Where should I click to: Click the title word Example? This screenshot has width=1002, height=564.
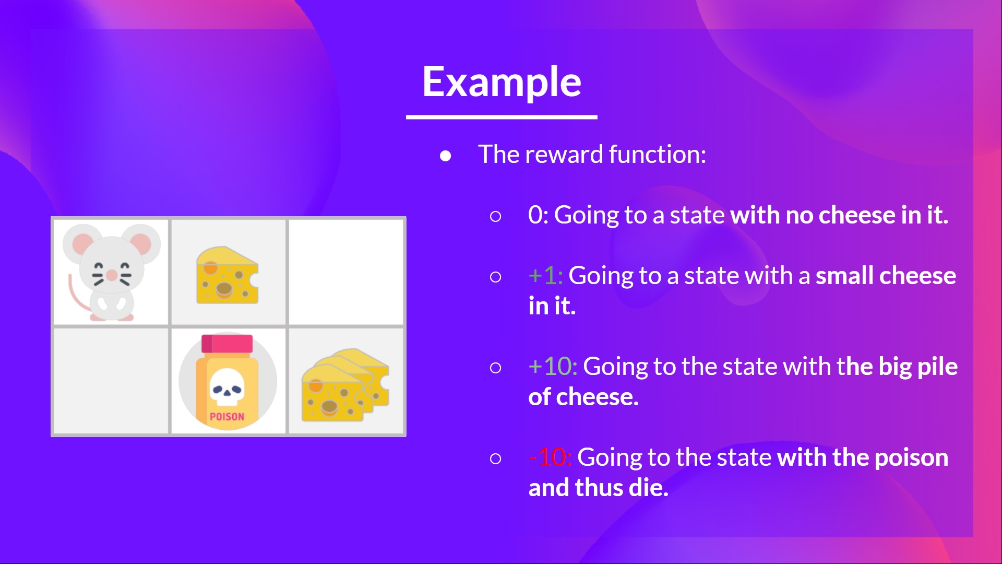pyautogui.click(x=502, y=82)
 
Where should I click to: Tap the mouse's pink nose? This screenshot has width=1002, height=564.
pyautogui.click(x=112, y=275)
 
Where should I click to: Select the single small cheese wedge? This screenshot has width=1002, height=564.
pyautogui.click(x=227, y=275)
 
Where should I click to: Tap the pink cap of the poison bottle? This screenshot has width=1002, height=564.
pyautogui.click(x=227, y=344)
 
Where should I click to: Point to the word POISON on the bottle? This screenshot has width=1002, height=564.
pyautogui.click(x=227, y=417)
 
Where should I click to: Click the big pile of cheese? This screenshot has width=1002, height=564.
pyautogui.click(x=345, y=385)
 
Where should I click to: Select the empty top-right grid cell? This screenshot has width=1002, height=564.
pyautogui.click(x=346, y=272)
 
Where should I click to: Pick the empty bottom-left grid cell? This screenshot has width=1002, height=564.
pyautogui.click(x=111, y=380)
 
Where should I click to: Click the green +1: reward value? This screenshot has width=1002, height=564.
pyautogui.click(x=545, y=276)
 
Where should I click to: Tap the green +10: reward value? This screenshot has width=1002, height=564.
pyautogui.click(x=552, y=367)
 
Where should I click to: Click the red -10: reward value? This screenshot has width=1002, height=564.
pyautogui.click(x=550, y=457)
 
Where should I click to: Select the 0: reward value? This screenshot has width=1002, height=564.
pyautogui.click(x=538, y=215)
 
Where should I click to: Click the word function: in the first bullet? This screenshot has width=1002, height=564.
pyautogui.click(x=657, y=155)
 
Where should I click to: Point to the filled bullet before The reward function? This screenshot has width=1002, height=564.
pyautogui.click(x=445, y=156)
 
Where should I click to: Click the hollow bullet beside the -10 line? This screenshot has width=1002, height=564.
pyautogui.click(x=495, y=459)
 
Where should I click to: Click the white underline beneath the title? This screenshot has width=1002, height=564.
pyautogui.click(x=502, y=117)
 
